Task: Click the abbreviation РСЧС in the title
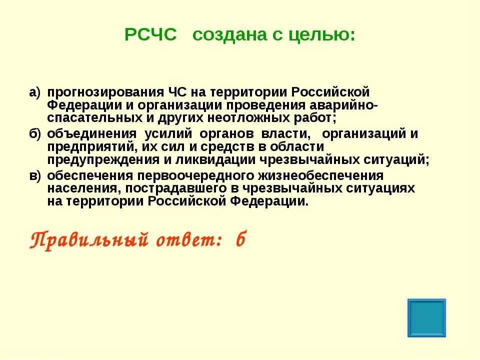point(150,35)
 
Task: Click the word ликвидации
point(220,160)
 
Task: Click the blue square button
point(426,318)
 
